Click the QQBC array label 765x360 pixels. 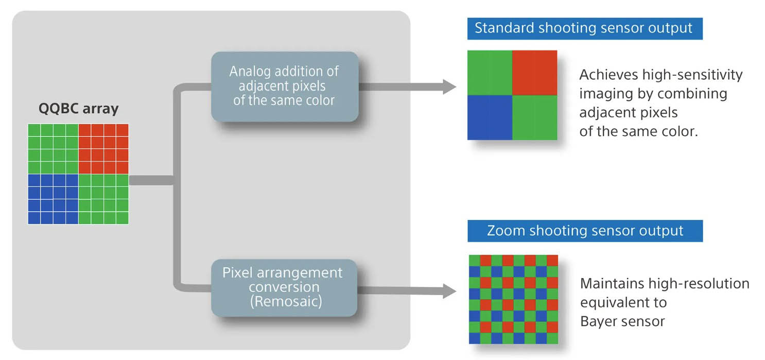point(78,109)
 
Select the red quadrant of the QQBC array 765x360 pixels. point(103,148)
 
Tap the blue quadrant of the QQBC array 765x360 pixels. point(53,199)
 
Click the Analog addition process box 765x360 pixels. point(284,86)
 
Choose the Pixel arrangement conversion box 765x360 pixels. point(284,287)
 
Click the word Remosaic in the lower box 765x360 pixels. point(286,301)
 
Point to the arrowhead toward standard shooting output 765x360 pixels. point(449,87)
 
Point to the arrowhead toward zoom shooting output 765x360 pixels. point(449,292)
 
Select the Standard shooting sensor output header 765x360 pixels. point(584,28)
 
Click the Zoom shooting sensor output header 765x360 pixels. point(585,231)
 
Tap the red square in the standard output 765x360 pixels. point(534,73)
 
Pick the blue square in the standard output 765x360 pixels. point(490,117)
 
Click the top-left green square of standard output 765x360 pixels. point(490,73)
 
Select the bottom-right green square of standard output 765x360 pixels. point(534,117)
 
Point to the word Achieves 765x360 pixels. point(608,75)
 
